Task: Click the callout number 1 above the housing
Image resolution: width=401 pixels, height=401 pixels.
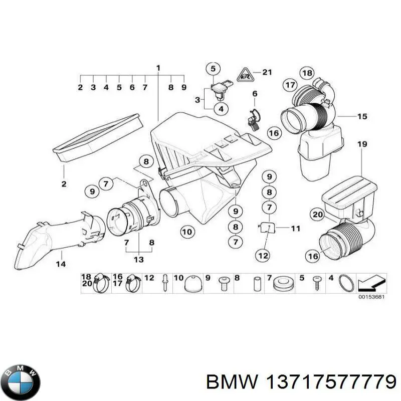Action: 158,68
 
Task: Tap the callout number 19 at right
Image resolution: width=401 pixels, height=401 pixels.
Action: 362,144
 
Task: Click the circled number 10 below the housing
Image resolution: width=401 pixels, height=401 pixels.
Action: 187,232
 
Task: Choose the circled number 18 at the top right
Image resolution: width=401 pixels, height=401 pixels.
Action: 307,72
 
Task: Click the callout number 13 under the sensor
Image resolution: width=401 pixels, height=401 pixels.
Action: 139,259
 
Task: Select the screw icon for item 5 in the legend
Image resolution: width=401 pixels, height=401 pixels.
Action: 316,284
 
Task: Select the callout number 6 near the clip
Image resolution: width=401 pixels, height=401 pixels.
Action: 254,94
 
